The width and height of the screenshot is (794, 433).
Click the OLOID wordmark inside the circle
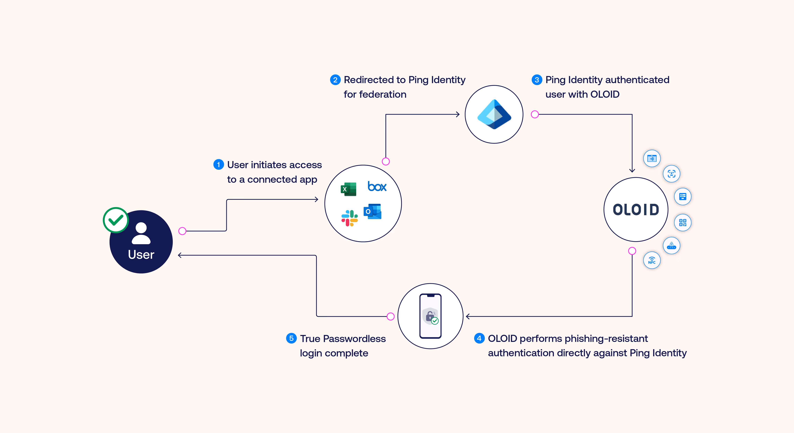coord(636,210)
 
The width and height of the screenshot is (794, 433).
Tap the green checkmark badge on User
coord(116,220)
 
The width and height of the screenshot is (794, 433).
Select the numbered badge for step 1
coord(218,165)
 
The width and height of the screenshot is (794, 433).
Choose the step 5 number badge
coord(291,338)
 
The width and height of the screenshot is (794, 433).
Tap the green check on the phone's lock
coord(435,321)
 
